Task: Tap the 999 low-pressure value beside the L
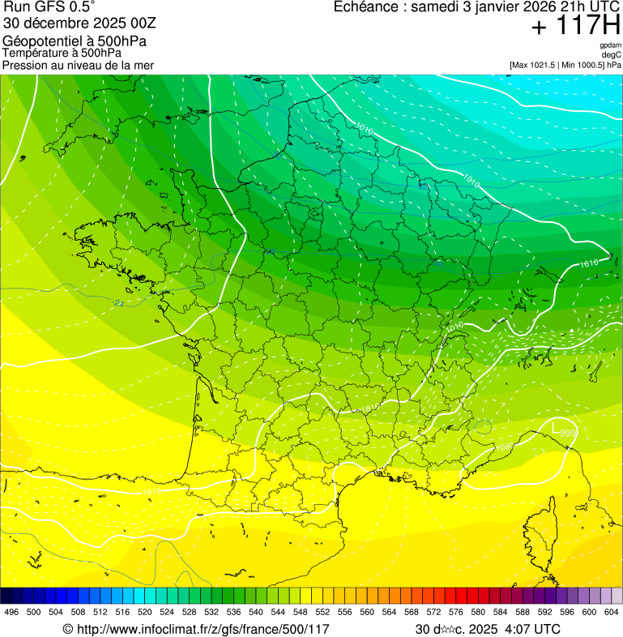tap(568, 433)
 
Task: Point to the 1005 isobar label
tap(503, 447)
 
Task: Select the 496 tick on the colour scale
tap(11, 612)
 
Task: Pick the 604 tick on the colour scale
tap(612, 612)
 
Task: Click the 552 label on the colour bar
tap(322, 612)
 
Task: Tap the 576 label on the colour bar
tap(455, 612)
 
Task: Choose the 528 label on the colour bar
tap(190, 612)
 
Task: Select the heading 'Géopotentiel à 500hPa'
tap(75, 41)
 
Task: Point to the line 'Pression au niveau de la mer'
tap(78, 65)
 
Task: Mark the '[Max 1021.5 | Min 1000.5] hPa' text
tap(565, 65)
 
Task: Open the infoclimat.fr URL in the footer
tap(196, 629)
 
